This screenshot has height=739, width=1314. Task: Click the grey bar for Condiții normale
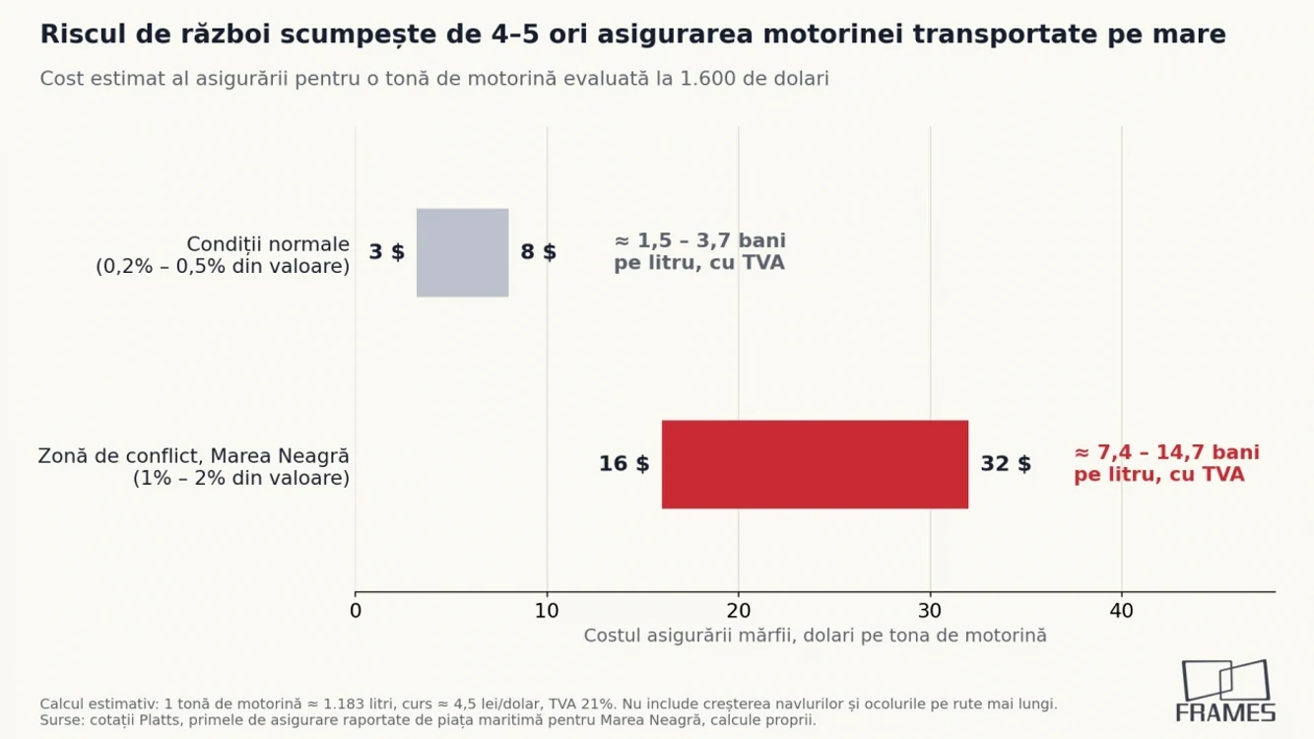(x=462, y=252)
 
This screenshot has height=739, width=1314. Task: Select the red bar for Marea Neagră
(x=815, y=464)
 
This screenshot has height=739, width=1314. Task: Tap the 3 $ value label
(x=386, y=252)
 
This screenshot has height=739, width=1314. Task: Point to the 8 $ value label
(x=538, y=252)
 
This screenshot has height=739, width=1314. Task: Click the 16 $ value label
(x=624, y=464)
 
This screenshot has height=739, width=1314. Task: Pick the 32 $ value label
(x=1006, y=464)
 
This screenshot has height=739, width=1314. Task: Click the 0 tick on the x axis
(x=355, y=611)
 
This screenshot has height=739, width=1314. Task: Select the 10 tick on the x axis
(x=547, y=611)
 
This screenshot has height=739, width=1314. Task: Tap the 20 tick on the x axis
(x=738, y=611)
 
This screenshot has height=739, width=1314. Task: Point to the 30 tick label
(x=930, y=611)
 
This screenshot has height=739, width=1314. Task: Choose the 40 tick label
(x=1121, y=611)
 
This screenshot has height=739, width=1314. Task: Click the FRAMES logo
(x=1225, y=691)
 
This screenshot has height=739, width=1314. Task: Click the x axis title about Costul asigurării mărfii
(x=815, y=636)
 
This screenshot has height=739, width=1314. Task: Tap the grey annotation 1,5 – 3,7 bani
(x=699, y=252)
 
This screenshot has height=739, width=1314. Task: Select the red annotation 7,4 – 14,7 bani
(x=1166, y=464)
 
